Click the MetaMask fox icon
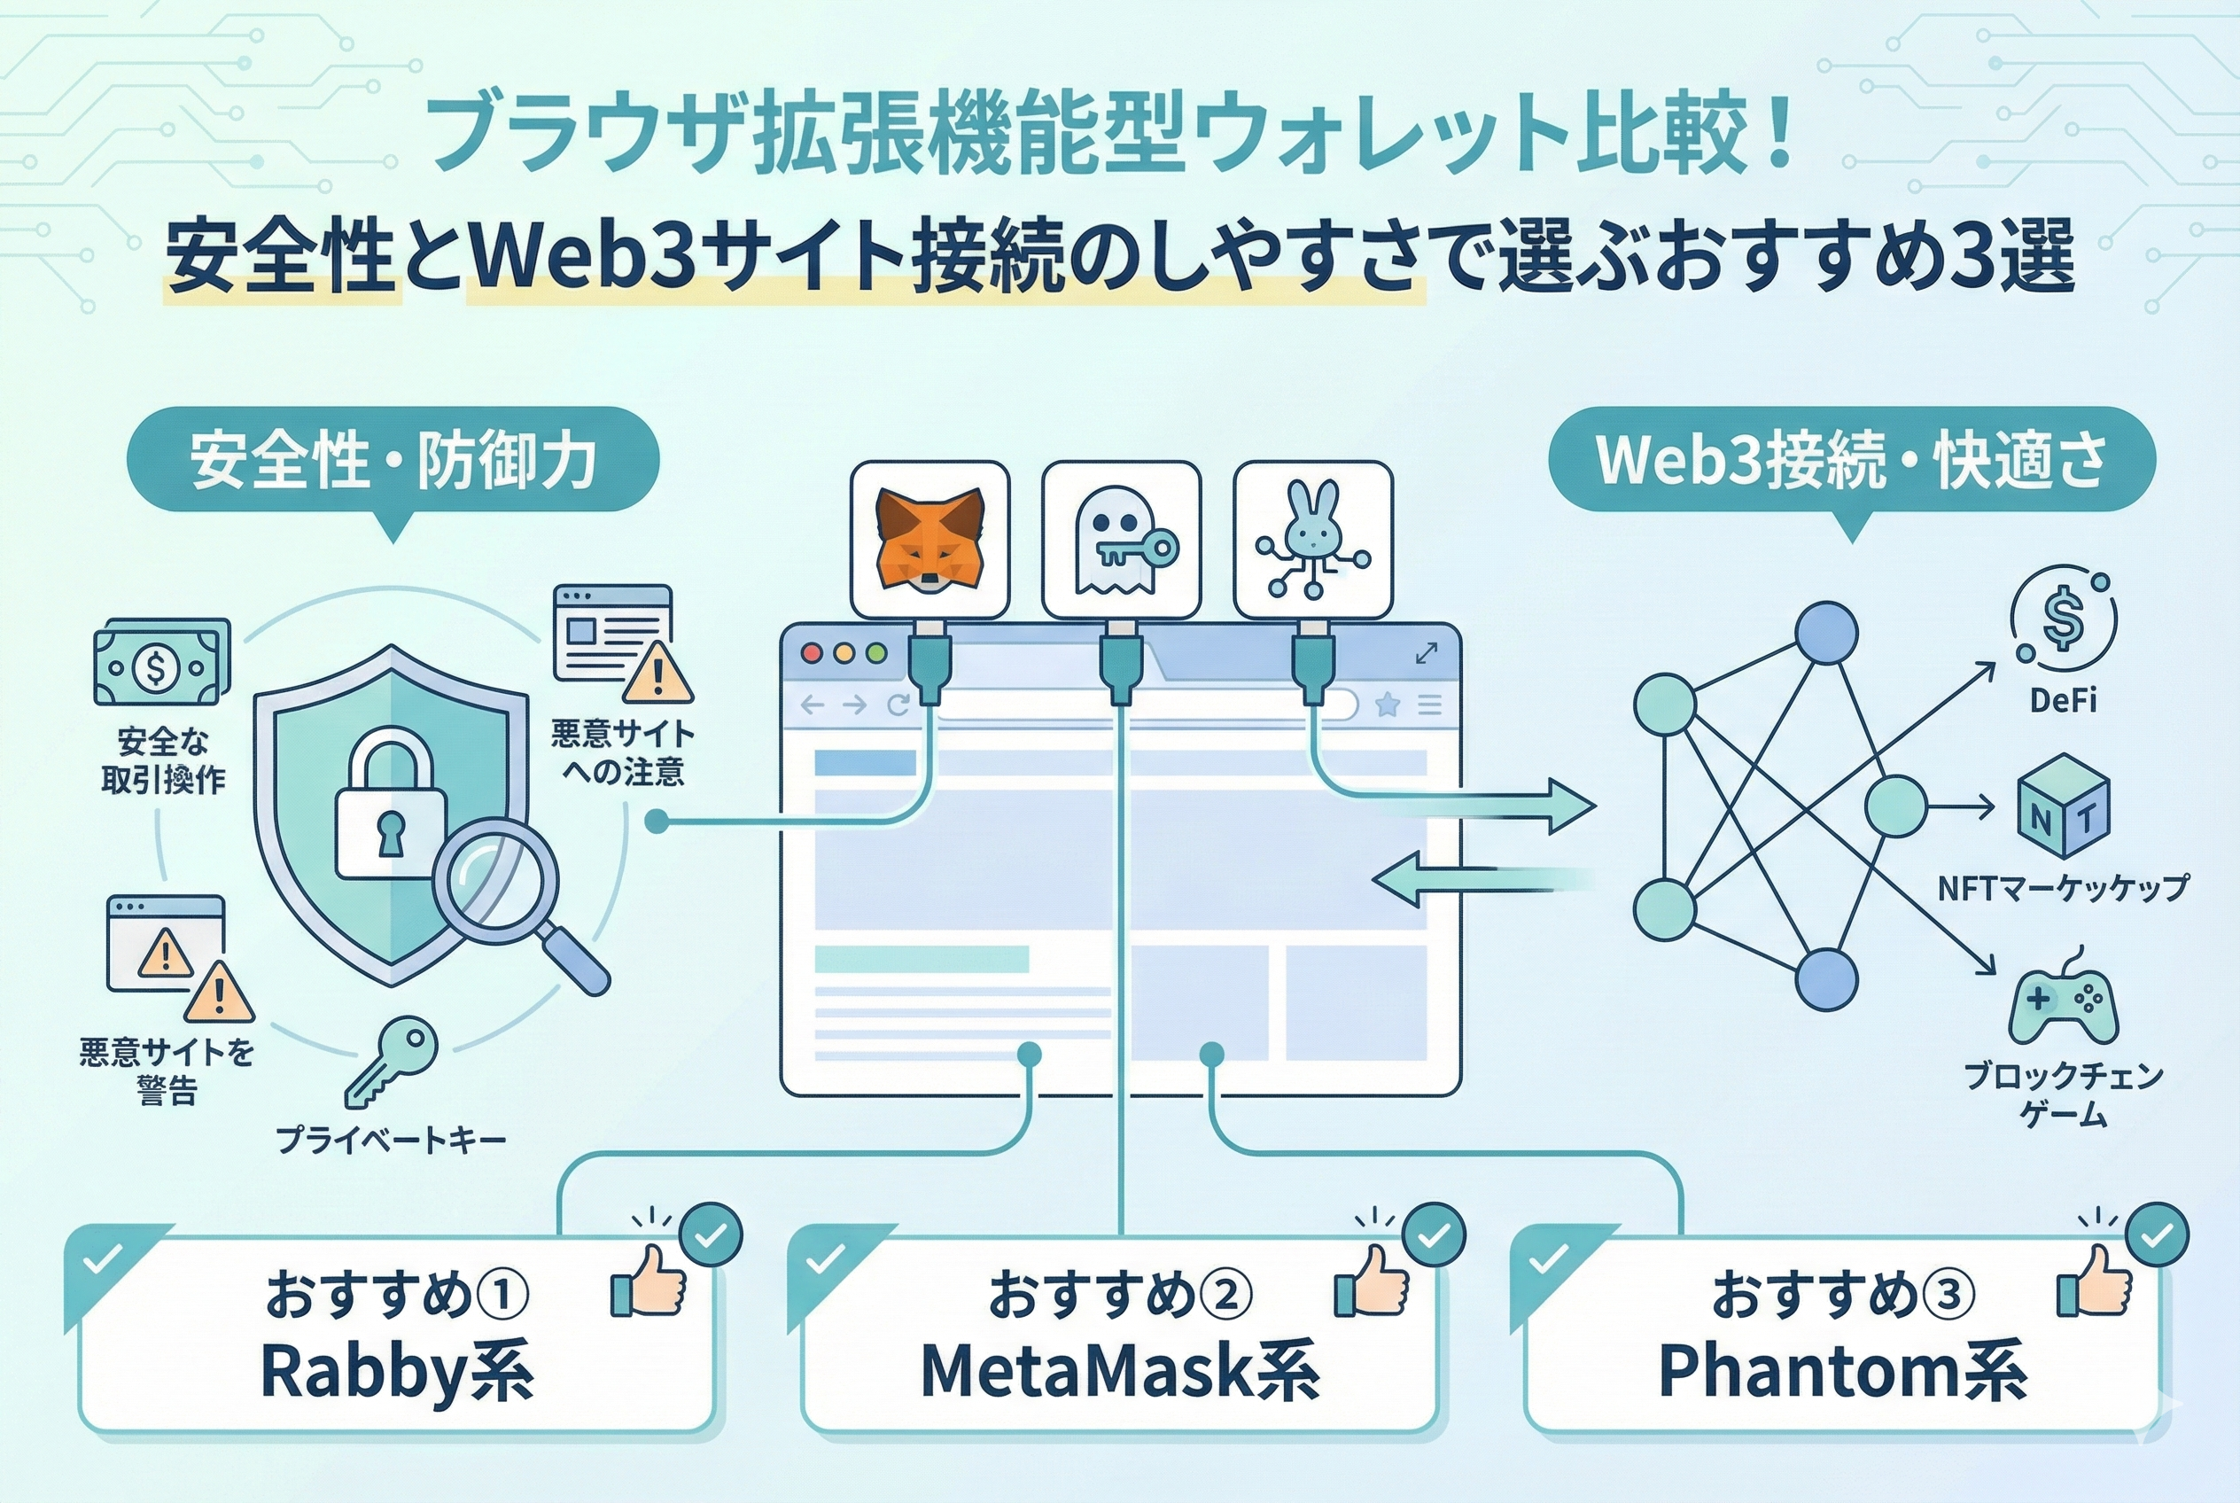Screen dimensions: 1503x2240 coord(929,540)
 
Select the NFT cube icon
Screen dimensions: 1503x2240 coord(2063,806)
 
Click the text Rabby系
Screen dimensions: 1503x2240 coord(396,1372)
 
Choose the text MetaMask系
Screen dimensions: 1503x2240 coord(1118,1372)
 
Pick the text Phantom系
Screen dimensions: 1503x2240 coord(1841,1372)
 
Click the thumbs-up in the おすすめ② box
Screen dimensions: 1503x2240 coord(1373,1282)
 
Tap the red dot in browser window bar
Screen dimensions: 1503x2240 coord(812,654)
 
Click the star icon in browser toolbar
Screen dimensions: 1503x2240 coord(1387,705)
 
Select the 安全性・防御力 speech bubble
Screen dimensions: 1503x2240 coord(393,460)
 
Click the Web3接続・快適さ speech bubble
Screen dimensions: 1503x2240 coord(1851,460)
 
